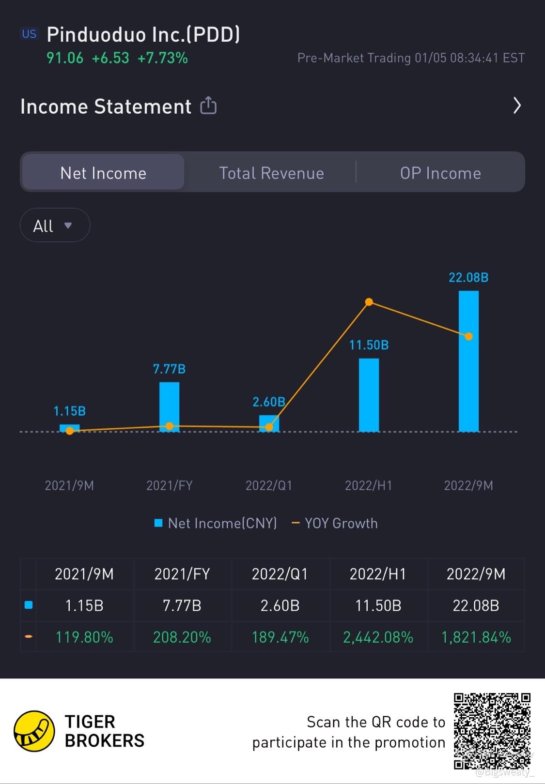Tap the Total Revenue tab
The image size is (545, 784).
[x=271, y=173]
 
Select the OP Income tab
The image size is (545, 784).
[x=440, y=173]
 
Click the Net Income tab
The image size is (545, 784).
[x=103, y=173]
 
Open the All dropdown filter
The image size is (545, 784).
[x=55, y=226]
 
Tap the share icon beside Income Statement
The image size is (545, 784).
[x=208, y=106]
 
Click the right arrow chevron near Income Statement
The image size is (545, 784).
[x=517, y=106]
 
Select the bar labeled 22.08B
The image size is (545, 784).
[x=468, y=361]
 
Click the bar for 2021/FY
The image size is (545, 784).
[x=169, y=407]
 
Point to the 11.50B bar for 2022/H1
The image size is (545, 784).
[x=369, y=394]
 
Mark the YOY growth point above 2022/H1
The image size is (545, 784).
[x=369, y=302]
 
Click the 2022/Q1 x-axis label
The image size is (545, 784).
[x=269, y=485]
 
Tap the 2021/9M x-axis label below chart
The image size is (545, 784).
[x=69, y=485]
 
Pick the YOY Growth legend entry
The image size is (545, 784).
[x=335, y=523]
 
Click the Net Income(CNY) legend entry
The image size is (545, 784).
[x=216, y=523]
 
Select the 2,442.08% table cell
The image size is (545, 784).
[x=378, y=637]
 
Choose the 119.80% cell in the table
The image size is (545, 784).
[x=84, y=637]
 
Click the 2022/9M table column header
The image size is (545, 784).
[x=476, y=574]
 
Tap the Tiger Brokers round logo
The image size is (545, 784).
[x=34, y=731]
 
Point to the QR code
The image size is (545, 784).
[x=492, y=731]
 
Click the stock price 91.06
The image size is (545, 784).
[x=65, y=58]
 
